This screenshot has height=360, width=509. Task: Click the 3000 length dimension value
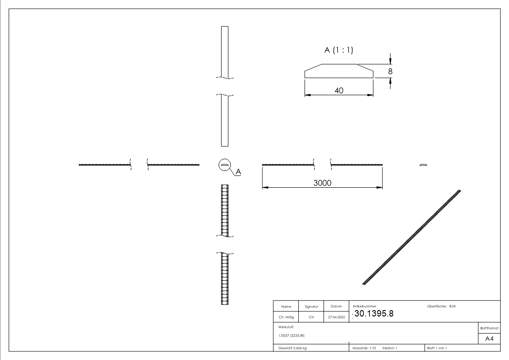(x=322, y=183)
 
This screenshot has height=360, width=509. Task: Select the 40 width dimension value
(x=339, y=90)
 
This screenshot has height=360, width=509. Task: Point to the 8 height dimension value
(x=390, y=71)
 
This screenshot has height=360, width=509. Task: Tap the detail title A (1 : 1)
(x=338, y=50)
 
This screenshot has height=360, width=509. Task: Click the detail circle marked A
(x=224, y=165)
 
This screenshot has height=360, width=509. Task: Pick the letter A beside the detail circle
(x=238, y=172)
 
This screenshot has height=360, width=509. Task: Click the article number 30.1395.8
(x=374, y=313)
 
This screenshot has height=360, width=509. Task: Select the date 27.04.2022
(x=336, y=317)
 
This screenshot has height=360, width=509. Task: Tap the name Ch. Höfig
(x=286, y=317)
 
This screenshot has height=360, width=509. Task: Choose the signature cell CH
(x=311, y=317)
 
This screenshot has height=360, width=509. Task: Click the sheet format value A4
(x=489, y=339)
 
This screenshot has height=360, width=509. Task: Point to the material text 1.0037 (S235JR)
(x=291, y=335)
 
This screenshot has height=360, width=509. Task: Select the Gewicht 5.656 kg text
(x=292, y=348)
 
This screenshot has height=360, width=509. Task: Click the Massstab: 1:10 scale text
(x=364, y=348)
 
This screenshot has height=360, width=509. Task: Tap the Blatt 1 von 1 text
(x=437, y=348)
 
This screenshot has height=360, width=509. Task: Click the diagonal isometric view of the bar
(x=412, y=237)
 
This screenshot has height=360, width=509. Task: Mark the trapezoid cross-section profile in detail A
(x=339, y=71)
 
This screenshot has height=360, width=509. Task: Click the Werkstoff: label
(x=286, y=326)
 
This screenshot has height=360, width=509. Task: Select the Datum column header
(x=336, y=306)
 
